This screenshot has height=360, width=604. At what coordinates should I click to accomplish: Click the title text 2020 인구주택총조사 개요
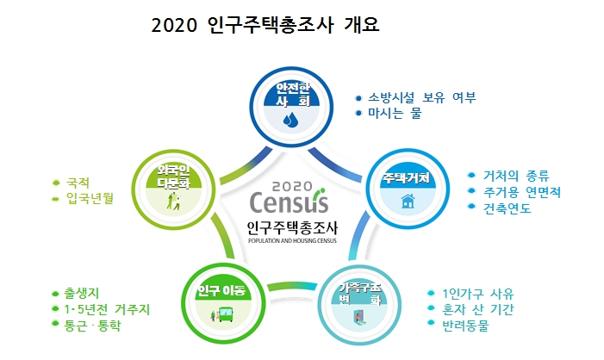265,26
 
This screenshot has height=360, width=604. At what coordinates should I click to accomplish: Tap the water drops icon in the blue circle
291,120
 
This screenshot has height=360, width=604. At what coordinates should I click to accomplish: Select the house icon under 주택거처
408,201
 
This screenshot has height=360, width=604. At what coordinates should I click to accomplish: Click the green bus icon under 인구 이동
226,314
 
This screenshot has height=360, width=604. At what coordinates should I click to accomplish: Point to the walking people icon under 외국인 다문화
174,202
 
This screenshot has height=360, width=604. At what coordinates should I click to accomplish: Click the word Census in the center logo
289,202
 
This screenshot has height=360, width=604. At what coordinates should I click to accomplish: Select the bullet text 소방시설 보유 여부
422,97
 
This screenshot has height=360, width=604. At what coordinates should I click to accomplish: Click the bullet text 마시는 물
395,113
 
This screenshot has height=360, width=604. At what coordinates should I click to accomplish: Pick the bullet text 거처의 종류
516,176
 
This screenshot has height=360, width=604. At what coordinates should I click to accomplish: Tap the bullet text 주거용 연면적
522,192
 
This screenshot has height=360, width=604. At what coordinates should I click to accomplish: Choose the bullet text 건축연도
507,208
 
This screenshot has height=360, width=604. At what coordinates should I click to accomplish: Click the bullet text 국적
78,183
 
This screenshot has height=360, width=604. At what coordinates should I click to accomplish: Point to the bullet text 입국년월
90,199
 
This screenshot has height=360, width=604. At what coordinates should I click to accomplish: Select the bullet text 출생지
81,294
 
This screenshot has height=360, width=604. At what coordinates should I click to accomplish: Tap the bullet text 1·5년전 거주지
107,309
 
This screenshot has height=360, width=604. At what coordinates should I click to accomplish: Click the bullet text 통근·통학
92,326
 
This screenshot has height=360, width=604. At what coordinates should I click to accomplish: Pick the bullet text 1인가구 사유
477,294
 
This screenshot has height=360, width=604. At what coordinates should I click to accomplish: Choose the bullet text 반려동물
465,326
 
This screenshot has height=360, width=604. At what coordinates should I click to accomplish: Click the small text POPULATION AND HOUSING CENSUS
292,241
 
